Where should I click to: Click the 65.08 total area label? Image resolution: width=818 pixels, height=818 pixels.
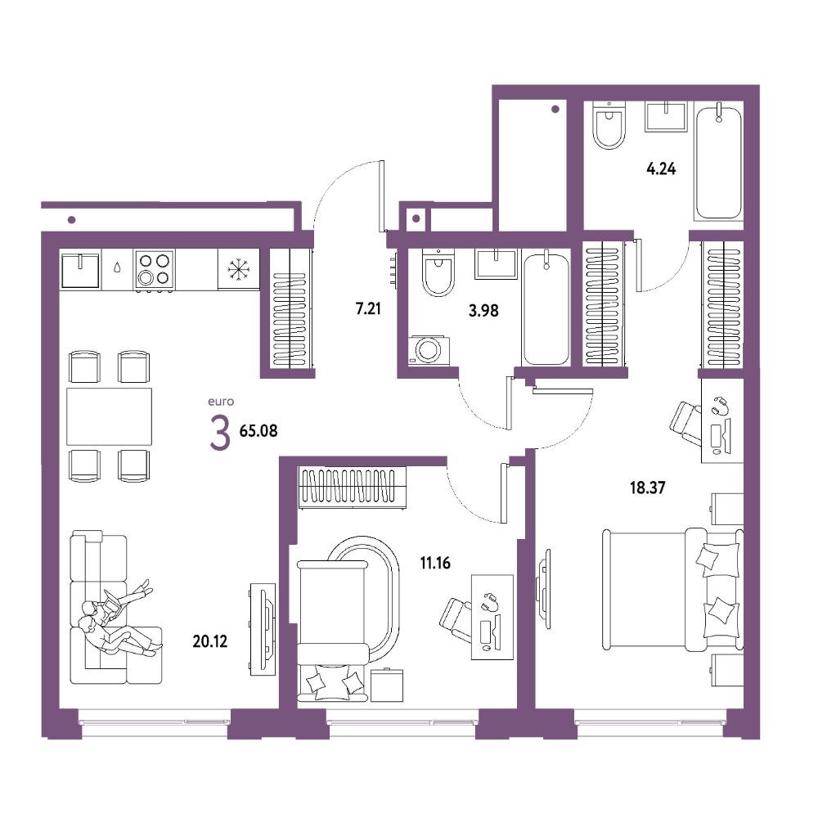pyautogui.click(x=258, y=431)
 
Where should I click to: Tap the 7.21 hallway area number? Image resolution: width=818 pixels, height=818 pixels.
pyautogui.click(x=368, y=309)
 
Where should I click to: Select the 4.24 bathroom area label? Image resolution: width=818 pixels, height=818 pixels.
pyautogui.click(x=661, y=169)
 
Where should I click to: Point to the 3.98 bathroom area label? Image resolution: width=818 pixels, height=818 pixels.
pyautogui.click(x=483, y=311)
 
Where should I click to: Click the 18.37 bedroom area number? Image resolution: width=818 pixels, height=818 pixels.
pyautogui.click(x=647, y=488)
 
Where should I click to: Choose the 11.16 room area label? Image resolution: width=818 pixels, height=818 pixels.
pyautogui.click(x=435, y=563)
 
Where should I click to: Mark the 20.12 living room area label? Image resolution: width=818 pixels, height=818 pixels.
pyautogui.click(x=209, y=641)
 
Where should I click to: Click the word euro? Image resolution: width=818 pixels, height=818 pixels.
pyautogui.click(x=221, y=402)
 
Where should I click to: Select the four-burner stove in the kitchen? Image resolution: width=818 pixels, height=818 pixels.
pyautogui.click(x=155, y=268)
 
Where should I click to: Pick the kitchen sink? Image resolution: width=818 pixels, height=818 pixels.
pyautogui.click(x=80, y=270)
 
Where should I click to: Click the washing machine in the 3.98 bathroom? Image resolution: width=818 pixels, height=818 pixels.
pyautogui.click(x=429, y=350)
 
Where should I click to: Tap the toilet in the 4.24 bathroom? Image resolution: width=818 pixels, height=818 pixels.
pyautogui.click(x=609, y=125)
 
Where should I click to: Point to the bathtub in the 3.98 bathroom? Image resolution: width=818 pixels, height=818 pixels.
pyautogui.click(x=546, y=309)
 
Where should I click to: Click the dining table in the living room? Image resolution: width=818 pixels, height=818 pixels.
pyautogui.click(x=109, y=416)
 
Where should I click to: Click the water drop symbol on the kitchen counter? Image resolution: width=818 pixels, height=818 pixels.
pyautogui.click(x=117, y=267)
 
